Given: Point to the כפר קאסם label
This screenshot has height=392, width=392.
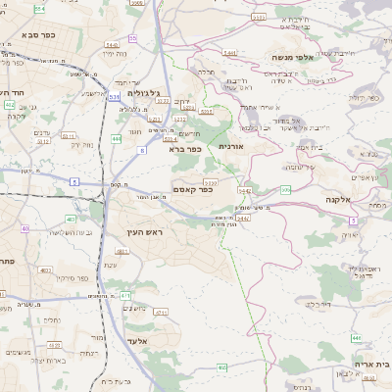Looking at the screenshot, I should click(x=192, y=189).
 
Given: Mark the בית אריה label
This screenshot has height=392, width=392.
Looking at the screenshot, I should click(x=370, y=364).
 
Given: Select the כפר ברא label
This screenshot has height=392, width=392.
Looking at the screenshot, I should click(x=184, y=150).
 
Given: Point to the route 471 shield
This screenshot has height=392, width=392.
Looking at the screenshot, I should click(x=124, y=294).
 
